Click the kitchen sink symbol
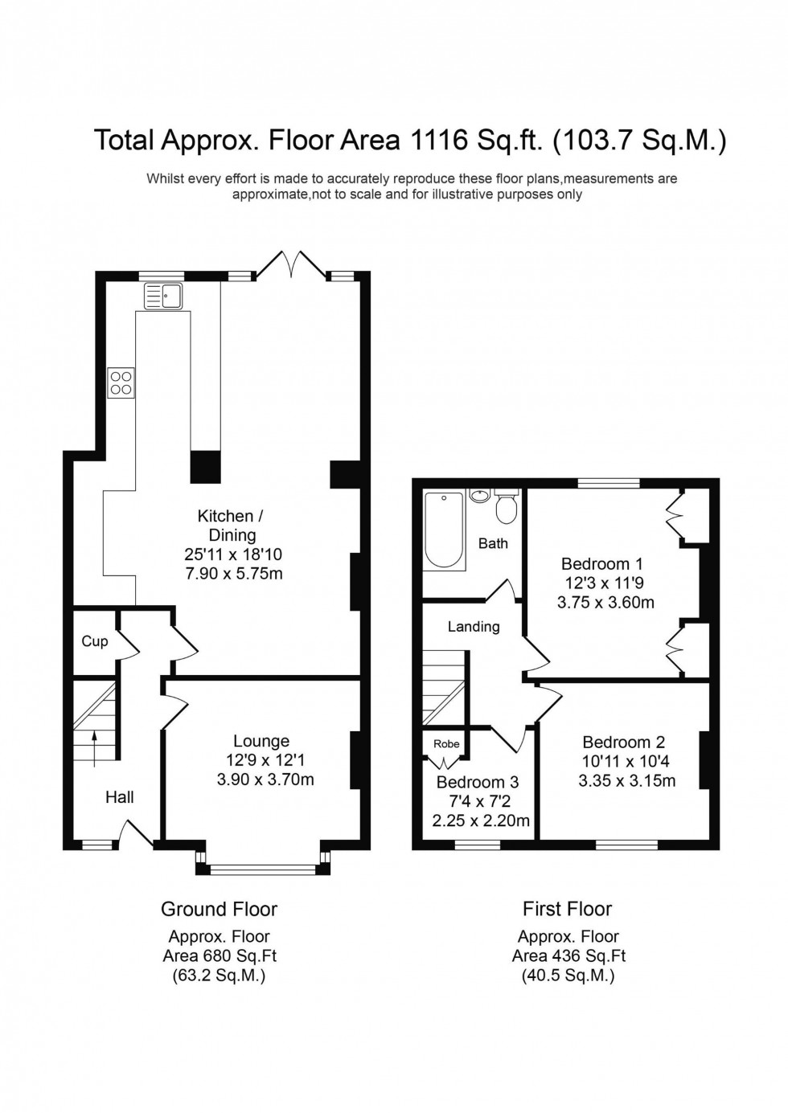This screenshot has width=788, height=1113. [163, 296]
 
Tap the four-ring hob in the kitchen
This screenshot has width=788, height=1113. [121, 383]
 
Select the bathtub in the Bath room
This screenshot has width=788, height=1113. [444, 530]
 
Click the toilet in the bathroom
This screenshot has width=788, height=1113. [507, 505]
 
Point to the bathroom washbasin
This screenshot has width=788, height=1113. [480, 495]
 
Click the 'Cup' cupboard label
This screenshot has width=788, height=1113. [95, 640]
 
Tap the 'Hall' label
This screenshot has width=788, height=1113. [120, 797]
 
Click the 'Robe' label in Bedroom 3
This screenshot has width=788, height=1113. [446, 743]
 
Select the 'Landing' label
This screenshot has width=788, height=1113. [474, 626]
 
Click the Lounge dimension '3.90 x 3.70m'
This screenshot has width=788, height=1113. [265, 780]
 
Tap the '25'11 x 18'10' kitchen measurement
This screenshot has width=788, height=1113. [232, 554]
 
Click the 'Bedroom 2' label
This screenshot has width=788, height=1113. [624, 742]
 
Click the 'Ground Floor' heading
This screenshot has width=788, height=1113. [219, 909]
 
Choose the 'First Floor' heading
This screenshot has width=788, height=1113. [567, 909]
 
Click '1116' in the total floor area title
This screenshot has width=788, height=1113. [439, 140]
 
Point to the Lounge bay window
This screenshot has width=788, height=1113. [262, 868]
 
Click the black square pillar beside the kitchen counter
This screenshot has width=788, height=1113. [205, 467]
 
